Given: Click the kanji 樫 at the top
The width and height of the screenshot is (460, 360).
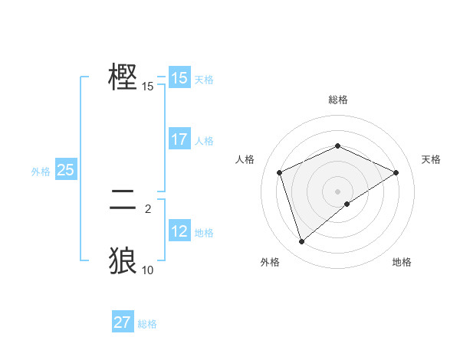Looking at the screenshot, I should [x=123, y=77].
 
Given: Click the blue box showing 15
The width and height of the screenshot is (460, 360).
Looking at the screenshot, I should [x=179, y=78].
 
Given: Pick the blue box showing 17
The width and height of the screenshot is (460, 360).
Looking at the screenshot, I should [x=179, y=139].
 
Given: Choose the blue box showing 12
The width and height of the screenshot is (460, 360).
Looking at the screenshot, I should [x=179, y=231].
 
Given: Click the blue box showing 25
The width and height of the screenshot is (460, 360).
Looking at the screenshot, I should [x=65, y=170].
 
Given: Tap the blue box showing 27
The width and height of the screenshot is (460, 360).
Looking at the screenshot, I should [x=122, y=322].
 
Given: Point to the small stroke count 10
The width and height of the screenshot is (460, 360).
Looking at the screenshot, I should [x=148, y=270].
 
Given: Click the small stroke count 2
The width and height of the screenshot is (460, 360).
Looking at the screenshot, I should [x=148, y=208].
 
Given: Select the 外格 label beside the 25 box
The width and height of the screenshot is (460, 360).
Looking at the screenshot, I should [x=41, y=172].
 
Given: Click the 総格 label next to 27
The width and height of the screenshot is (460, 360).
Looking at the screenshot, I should [x=147, y=324].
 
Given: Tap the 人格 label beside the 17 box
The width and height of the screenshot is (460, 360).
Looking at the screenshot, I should [x=204, y=141].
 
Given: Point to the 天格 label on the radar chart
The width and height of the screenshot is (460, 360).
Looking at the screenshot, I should [x=431, y=159].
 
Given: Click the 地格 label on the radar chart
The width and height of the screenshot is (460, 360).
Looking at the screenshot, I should [x=402, y=262].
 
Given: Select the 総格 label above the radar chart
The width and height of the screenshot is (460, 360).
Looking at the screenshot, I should [x=338, y=100].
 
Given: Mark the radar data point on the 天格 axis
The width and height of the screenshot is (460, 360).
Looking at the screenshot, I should [x=396, y=172].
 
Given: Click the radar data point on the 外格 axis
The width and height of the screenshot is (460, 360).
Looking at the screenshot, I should [x=302, y=242].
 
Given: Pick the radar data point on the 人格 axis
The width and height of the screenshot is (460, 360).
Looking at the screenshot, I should [x=280, y=172].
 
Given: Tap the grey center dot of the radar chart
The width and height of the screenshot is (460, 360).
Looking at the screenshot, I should [x=338, y=191].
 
